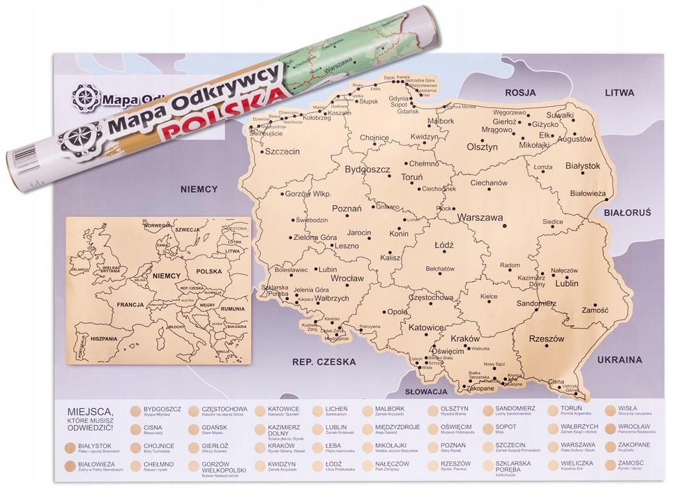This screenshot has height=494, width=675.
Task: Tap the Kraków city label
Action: click(466, 338)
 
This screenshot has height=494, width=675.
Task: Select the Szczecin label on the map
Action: click(282, 151)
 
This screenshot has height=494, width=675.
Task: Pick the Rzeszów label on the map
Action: click(546, 338)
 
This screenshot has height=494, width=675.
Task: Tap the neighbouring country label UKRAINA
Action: click(619, 360)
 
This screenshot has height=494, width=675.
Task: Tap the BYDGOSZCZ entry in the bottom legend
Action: click(162, 409)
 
